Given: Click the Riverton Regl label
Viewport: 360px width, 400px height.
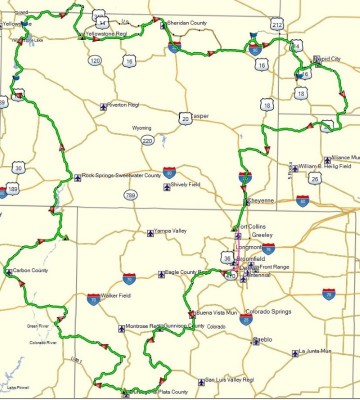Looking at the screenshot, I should click(x=127, y=104).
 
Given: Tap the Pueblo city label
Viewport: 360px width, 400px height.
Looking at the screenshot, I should click(x=263, y=340).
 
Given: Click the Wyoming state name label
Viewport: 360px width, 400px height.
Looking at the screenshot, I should click(x=141, y=128).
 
